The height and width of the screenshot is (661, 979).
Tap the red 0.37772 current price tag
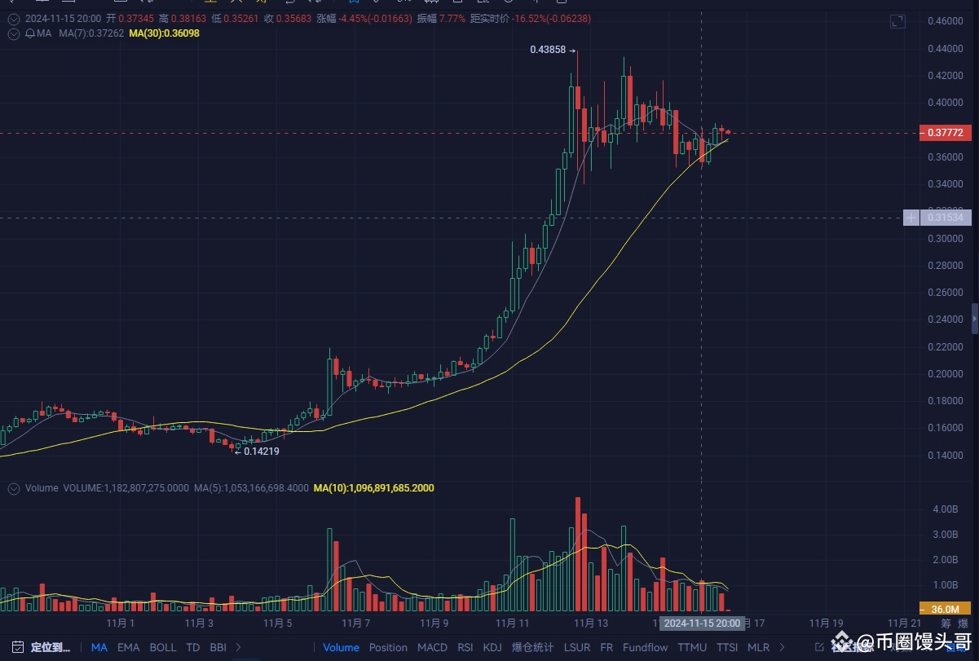(945, 132)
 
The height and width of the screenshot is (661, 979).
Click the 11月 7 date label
(355, 624)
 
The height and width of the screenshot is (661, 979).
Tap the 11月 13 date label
(591, 624)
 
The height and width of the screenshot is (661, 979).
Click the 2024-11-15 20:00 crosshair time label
(701, 624)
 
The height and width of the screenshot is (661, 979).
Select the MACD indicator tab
(432, 647)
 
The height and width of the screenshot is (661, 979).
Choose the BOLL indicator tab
(162, 647)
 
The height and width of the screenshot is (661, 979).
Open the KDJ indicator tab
(492, 647)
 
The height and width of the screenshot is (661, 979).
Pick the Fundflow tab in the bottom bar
(645, 647)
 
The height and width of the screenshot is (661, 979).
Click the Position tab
(388, 647)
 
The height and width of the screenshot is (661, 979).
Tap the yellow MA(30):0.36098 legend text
(164, 33)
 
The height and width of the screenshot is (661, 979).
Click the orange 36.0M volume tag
(944, 609)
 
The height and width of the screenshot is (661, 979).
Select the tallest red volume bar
(578, 554)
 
